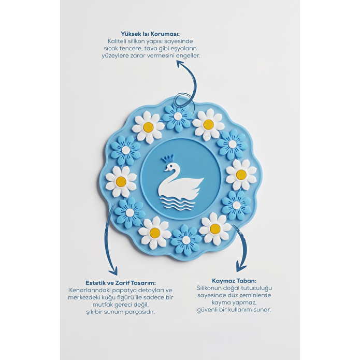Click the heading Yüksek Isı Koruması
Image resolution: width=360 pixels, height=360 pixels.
(150, 34)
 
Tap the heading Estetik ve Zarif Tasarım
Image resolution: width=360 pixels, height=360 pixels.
(121, 282)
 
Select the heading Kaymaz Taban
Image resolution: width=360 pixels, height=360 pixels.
(234, 281)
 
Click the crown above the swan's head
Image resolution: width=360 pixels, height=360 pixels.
(168, 158)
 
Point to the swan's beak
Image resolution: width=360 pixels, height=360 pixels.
(166, 169)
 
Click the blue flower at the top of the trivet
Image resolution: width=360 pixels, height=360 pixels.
(177, 117)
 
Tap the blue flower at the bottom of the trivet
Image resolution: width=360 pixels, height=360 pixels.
(186, 240)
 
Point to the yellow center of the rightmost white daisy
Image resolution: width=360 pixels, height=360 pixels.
(241, 174)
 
